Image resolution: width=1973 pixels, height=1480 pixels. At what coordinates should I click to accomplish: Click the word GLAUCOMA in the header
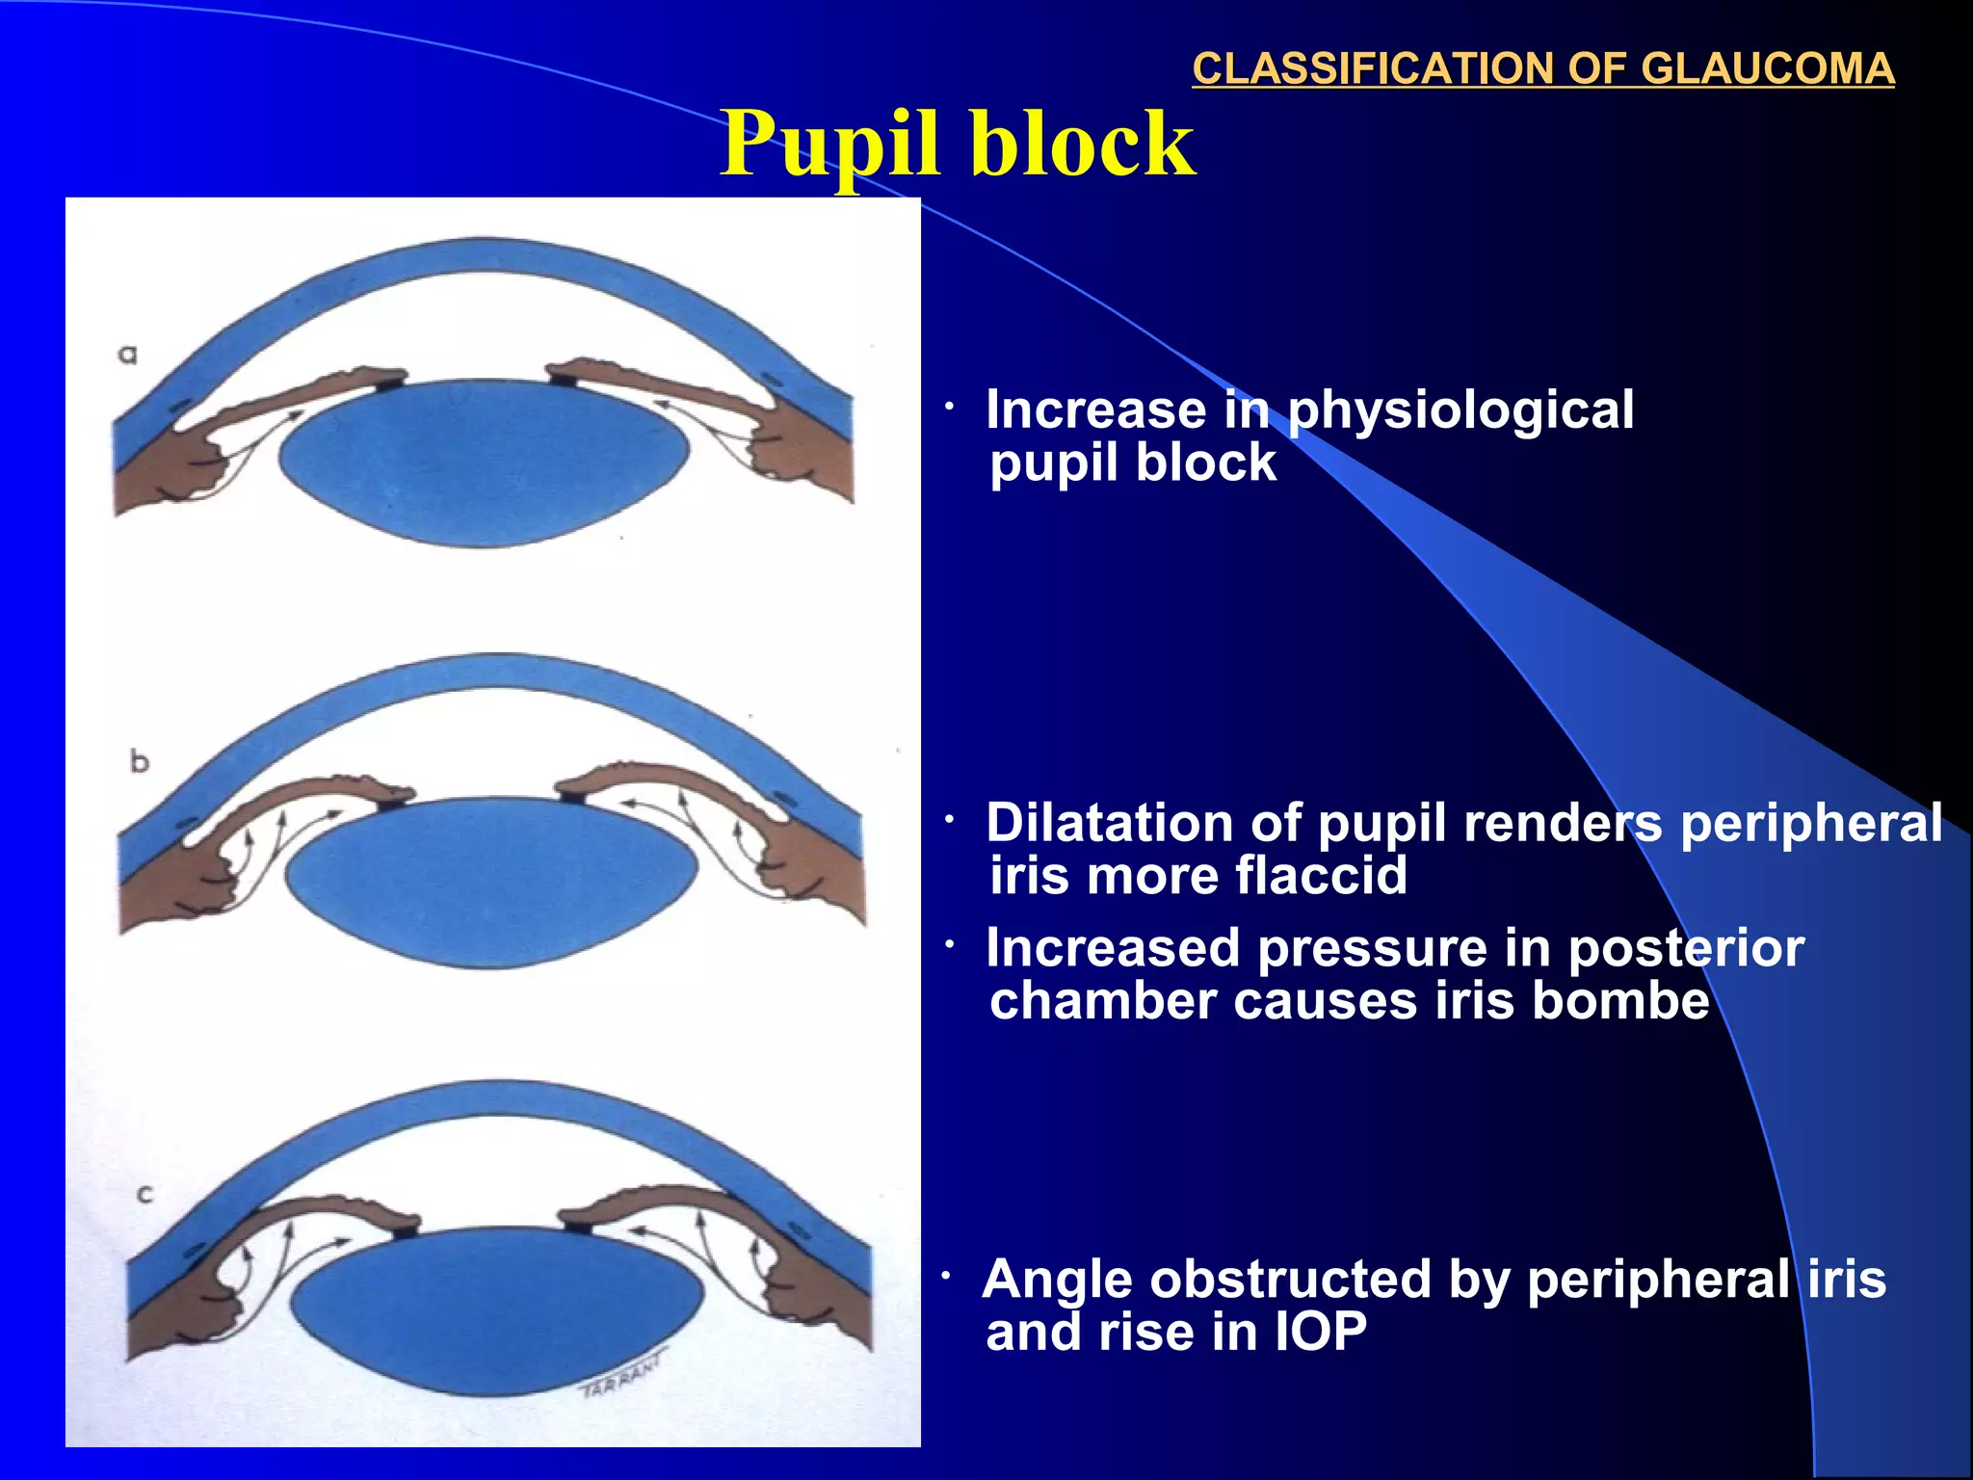1767,68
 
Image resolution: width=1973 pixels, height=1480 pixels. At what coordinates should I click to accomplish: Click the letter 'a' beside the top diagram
127,355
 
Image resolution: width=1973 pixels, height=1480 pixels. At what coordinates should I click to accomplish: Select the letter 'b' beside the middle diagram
140,762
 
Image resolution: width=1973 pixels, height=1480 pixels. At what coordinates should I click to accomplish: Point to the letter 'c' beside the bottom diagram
145,1195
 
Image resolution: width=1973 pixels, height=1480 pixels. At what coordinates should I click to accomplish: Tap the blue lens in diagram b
491,882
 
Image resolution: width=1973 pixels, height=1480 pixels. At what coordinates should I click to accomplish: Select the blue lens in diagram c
496,1310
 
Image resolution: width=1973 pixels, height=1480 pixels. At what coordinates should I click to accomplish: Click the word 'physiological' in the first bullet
1460,410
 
